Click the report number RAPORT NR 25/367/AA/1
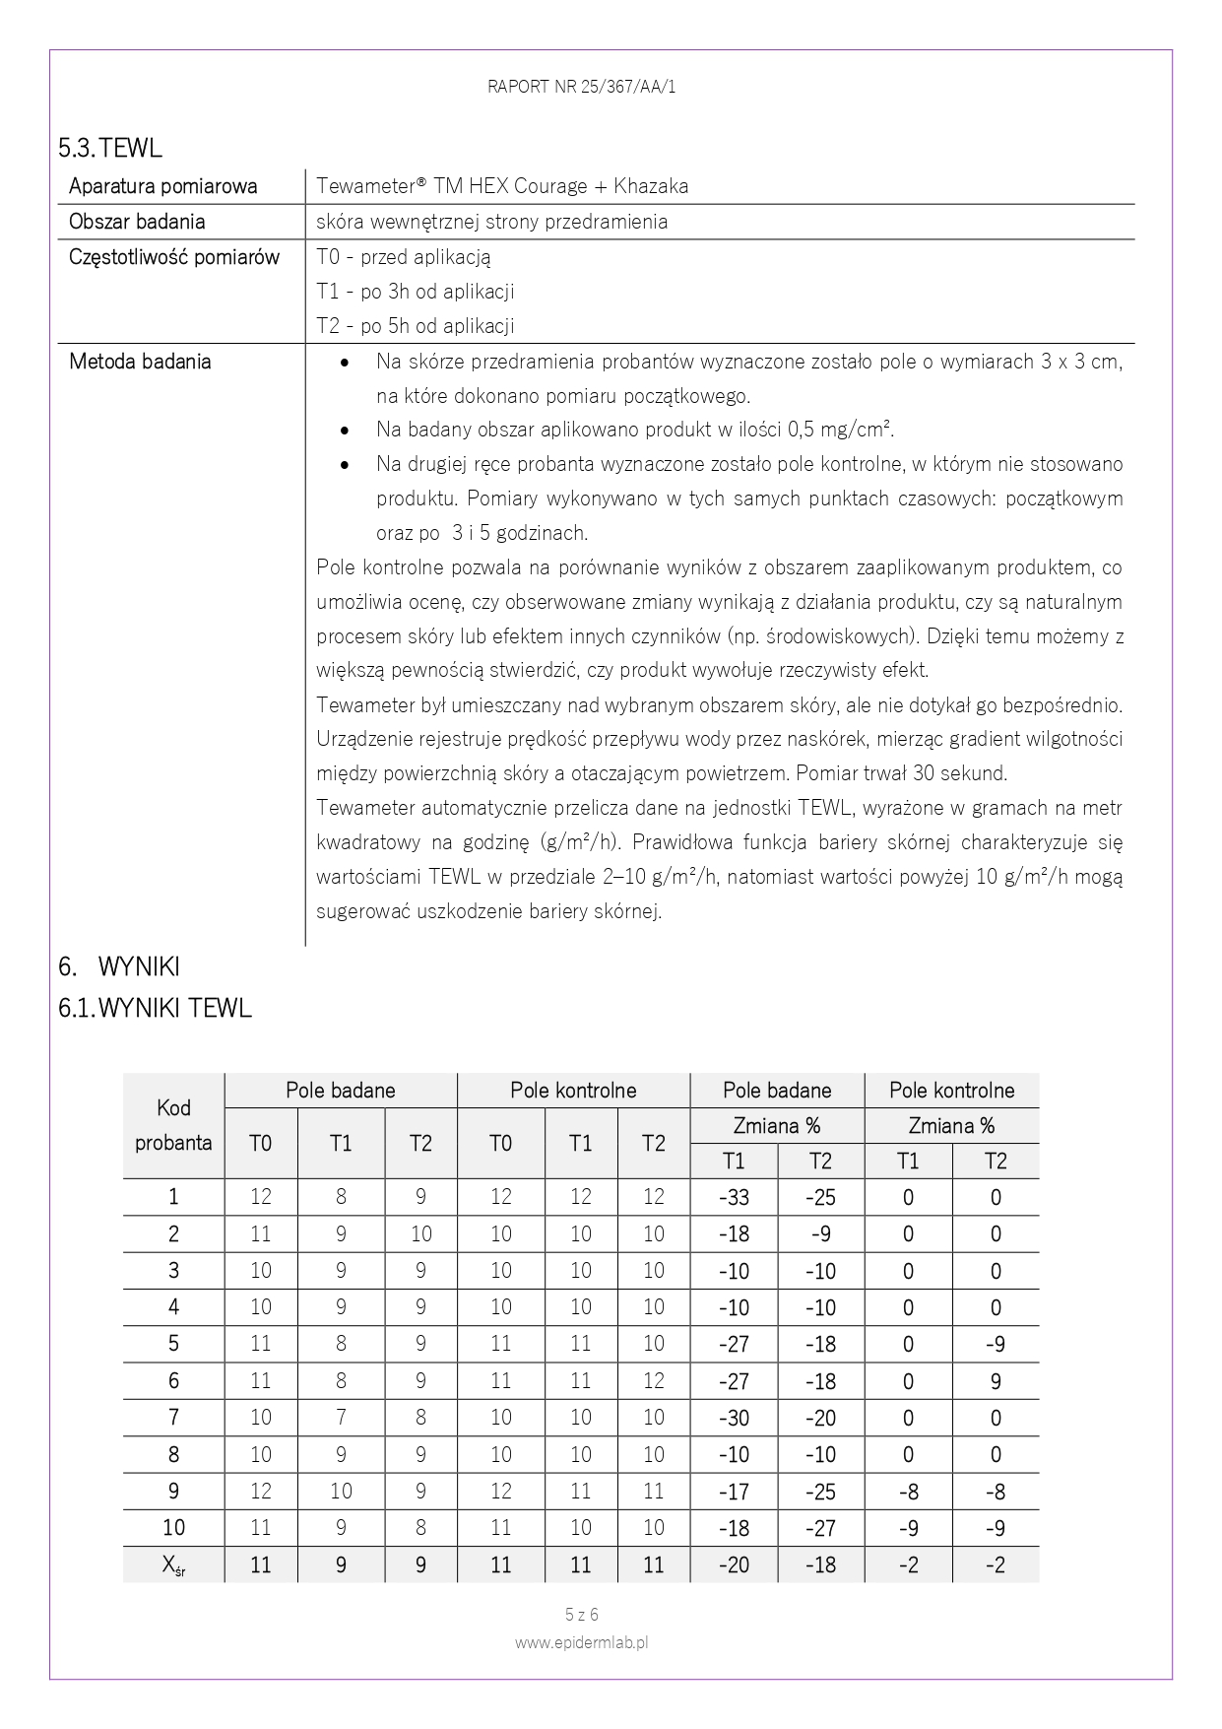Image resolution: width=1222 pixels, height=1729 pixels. (x=581, y=87)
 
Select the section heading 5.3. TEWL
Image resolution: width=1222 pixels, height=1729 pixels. (x=109, y=148)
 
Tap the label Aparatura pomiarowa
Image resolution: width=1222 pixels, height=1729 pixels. (x=162, y=186)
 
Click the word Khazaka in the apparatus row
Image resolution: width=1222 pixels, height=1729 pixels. (x=651, y=186)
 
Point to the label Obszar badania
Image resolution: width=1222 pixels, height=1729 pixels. (x=137, y=222)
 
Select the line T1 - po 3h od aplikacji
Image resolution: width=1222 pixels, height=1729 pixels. (x=415, y=292)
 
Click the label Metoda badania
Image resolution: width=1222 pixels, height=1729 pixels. (x=140, y=362)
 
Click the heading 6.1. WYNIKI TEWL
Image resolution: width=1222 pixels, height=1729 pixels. (x=155, y=1008)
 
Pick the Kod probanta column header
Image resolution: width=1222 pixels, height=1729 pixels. (x=173, y=1125)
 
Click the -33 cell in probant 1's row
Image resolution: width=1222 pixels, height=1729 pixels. (x=734, y=1198)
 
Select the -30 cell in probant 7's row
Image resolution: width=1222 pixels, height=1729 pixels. (x=734, y=1419)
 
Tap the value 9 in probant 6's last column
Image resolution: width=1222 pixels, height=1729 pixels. (x=996, y=1382)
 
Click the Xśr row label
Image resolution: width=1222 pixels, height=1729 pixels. (x=173, y=1565)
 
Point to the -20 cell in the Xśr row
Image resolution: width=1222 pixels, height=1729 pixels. (x=734, y=1565)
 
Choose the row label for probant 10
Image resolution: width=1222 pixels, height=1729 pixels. (x=173, y=1528)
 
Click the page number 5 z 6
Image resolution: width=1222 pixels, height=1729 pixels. (x=581, y=1615)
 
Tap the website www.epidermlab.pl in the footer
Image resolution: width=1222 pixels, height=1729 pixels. (x=581, y=1643)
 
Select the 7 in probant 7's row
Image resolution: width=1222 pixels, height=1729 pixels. (x=341, y=1419)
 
